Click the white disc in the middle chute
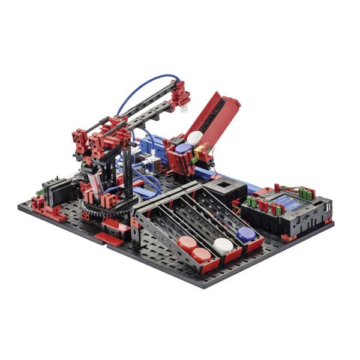point(223,244)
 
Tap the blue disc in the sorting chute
point(245,234)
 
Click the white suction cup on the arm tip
point(184,109)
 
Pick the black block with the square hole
point(225,190)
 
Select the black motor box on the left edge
point(59,192)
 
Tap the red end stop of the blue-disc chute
point(254,244)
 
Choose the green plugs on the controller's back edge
point(307,193)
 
